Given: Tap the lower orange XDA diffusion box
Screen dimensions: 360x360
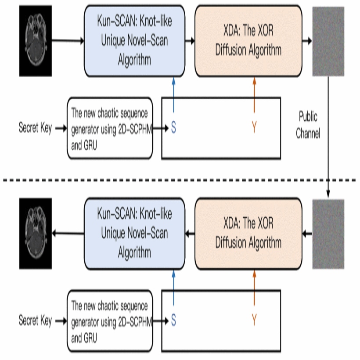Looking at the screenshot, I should point(248,233).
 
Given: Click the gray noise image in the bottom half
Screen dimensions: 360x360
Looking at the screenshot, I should point(328,234).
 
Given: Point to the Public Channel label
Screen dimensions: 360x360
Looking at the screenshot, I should point(308,125).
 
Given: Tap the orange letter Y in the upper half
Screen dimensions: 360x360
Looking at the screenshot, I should point(254,128).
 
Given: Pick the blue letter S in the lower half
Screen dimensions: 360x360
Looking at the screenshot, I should point(173,320).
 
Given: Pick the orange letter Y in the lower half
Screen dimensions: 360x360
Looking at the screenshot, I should point(254,320).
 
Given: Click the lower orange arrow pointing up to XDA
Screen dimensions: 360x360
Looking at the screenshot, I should point(254,288).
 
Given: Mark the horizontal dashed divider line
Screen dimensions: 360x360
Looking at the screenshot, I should point(180,180).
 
